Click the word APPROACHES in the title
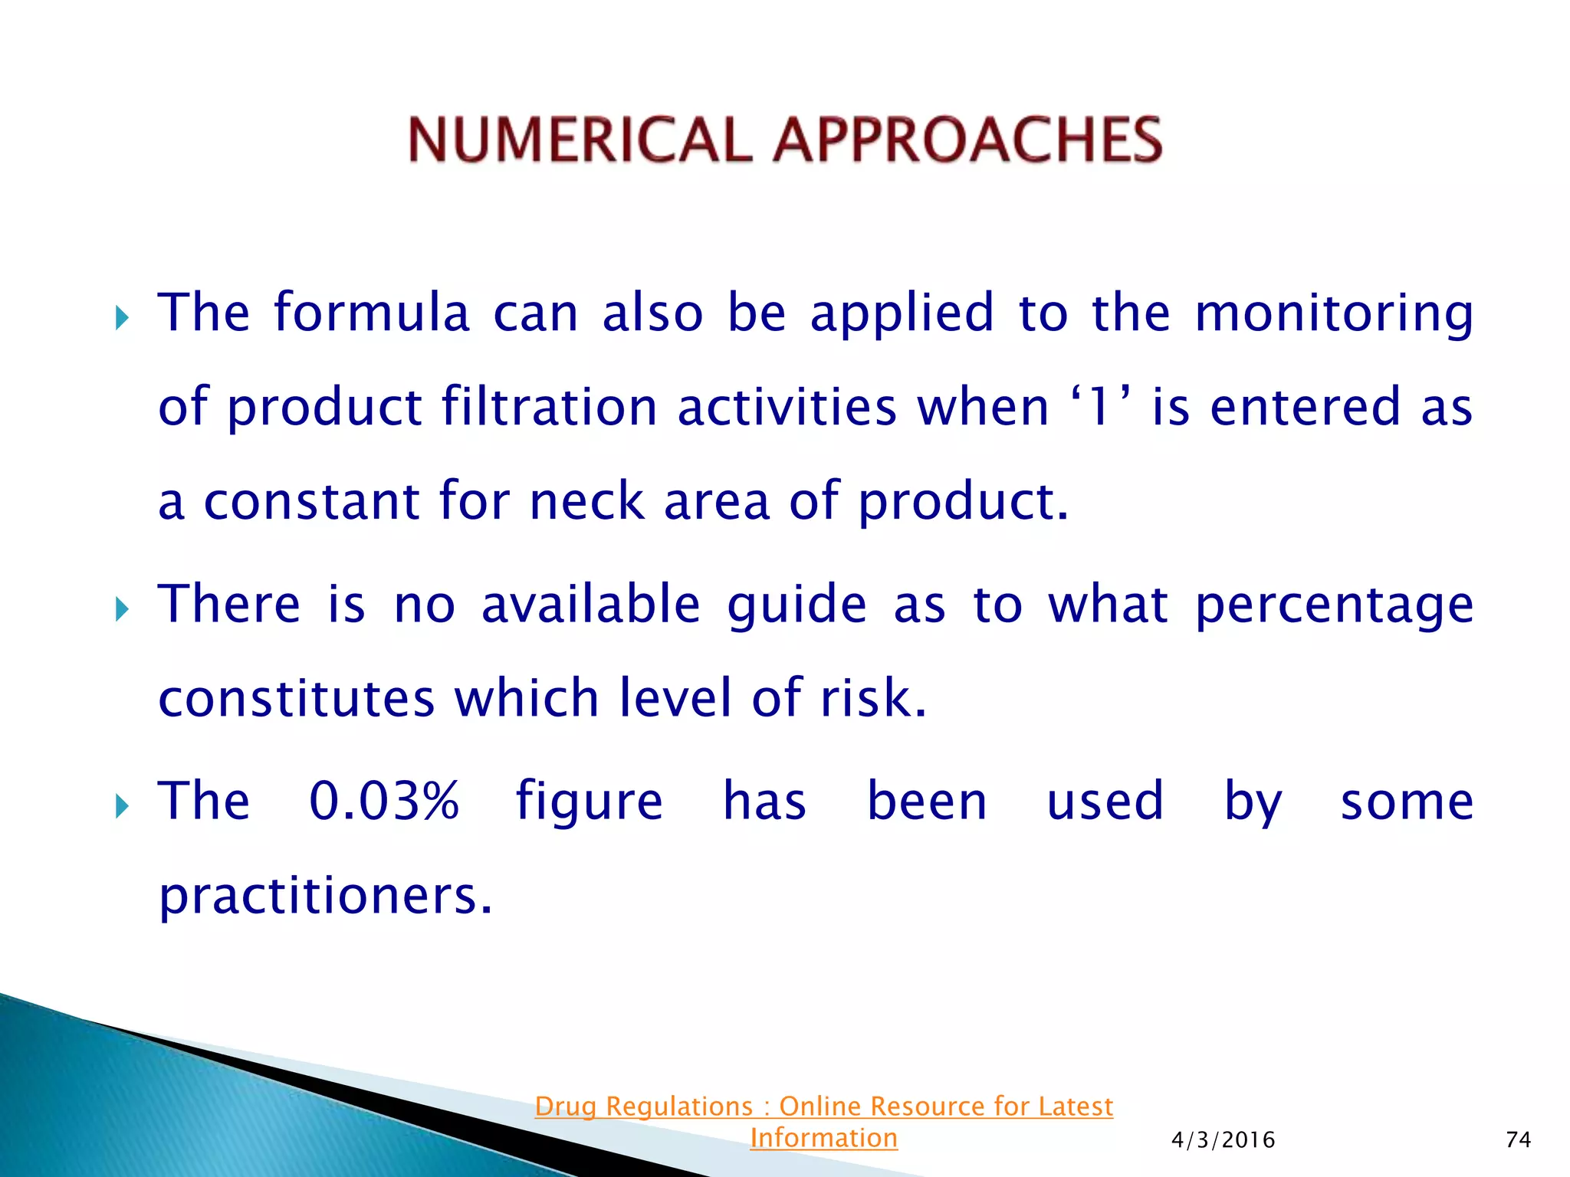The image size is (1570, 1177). pos(967,140)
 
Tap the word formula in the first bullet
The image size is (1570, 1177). pos(372,313)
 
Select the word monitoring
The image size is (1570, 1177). pos(1334,314)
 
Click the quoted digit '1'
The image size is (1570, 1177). pos(1099,406)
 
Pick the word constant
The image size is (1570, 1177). pos(311,501)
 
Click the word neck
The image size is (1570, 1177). pos(586,501)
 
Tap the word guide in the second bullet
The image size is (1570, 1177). pos(797,605)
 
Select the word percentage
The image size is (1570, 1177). pos(1334,605)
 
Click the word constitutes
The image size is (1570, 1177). pos(297,698)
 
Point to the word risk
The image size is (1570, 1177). pos(873,698)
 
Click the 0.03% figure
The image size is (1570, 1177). pos(383,802)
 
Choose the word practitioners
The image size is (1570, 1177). pos(325,895)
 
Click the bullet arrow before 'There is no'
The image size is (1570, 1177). pos(122,610)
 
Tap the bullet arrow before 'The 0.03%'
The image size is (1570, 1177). pos(122,806)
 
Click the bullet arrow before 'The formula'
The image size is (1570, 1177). pos(122,317)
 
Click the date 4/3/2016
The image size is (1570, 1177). pos(1223,1140)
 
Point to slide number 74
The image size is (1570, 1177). pos(1518,1139)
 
